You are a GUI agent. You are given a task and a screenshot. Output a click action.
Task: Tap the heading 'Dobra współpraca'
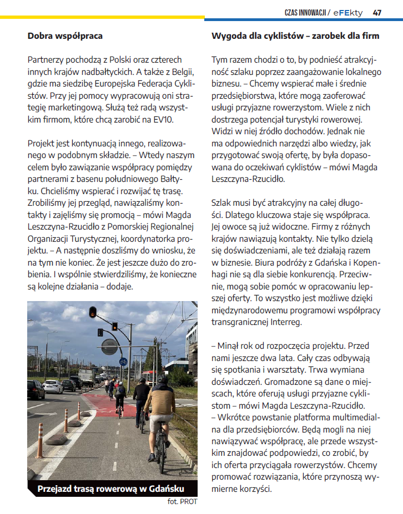tap(65, 36)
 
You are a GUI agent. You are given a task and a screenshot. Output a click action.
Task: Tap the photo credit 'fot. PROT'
tap(182, 502)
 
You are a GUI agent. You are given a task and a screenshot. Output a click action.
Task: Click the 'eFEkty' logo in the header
tap(350, 12)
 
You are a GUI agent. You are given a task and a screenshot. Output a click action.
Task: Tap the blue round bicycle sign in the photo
tap(123, 362)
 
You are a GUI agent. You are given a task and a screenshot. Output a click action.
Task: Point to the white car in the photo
tap(53, 386)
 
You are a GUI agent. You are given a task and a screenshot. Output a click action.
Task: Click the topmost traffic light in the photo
tap(93, 312)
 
